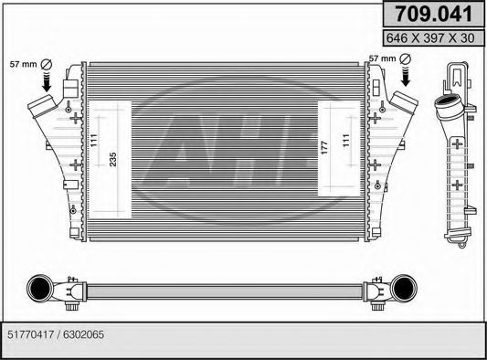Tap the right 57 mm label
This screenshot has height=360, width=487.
tap(382, 58)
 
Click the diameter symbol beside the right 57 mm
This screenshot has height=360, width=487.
tap(405, 58)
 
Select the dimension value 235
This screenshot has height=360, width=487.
tap(113, 158)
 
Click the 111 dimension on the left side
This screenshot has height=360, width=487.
tap(95, 140)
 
